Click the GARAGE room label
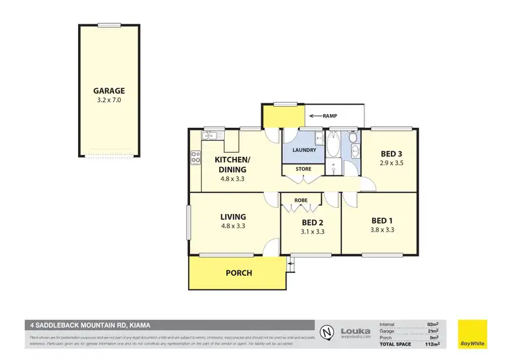[109, 90]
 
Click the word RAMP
[330, 116]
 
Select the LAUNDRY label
[302, 150]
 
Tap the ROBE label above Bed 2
[301, 200]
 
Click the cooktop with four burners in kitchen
[195, 158]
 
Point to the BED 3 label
[391, 154]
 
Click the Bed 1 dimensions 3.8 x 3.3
[382, 230]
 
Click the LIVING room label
[232, 217]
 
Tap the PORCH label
[239, 273]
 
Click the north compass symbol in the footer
[327, 332]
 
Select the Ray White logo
[472, 331]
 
